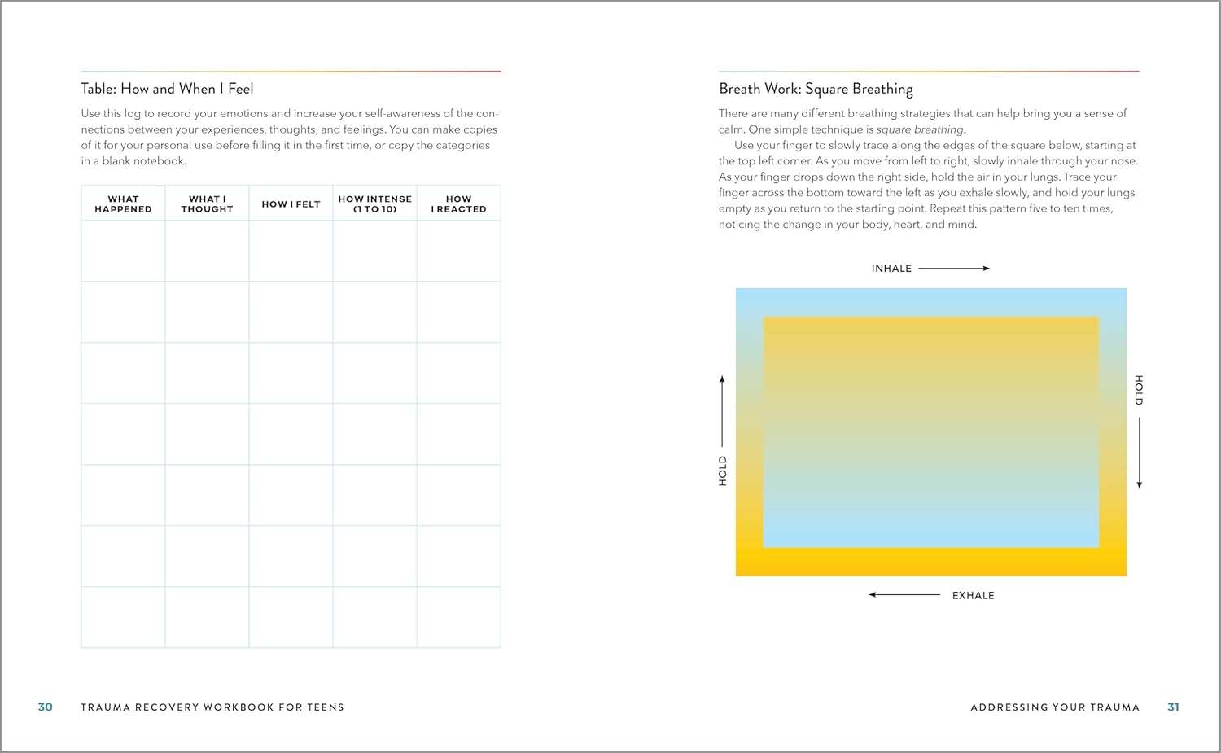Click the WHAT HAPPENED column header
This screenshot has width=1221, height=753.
coord(123,204)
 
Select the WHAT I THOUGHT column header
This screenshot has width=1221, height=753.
coord(207,204)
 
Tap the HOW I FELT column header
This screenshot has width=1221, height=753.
coord(291,204)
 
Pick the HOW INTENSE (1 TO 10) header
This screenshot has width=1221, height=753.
coord(374,204)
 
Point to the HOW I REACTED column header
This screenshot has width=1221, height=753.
coord(458,204)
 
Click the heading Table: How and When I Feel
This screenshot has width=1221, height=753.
coord(167,89)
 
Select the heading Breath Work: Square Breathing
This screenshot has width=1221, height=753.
coord(816,89)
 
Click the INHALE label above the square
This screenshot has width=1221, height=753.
coord(891,269)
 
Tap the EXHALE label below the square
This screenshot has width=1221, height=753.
coord(973,596)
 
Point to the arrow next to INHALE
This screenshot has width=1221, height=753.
coord(953,268)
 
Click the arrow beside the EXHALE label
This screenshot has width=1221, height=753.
coord(904,595)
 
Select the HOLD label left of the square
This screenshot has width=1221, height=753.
coord(723,471)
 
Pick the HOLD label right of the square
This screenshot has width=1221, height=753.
coord(1139,390)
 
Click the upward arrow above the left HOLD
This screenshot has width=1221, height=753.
coord(722,411)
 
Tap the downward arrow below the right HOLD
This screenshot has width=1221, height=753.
coord(1139,453)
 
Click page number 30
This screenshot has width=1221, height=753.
coord(46,707)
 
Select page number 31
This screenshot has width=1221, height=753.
coord(1173,707)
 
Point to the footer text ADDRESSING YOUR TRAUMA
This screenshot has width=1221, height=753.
coord(1055,707)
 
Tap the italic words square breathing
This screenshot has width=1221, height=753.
coord(920,129)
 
